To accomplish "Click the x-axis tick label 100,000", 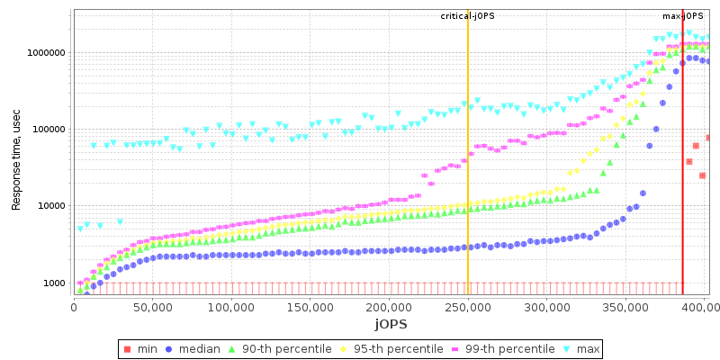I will coord(231,307).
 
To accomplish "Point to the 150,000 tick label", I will coord(310,307).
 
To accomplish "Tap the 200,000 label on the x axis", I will coord(389,307).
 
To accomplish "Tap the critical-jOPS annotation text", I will coord(467,16).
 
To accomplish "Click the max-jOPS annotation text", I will coord(683,16).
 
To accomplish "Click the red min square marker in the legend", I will coord(128,348).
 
